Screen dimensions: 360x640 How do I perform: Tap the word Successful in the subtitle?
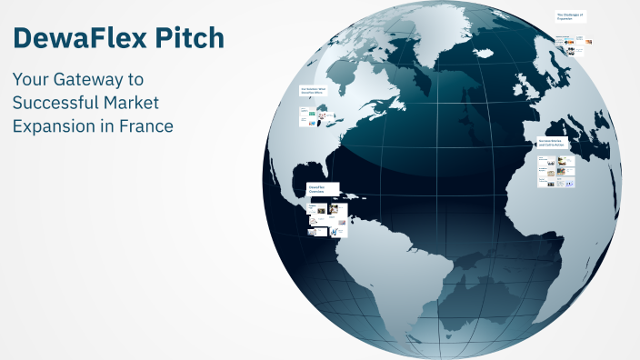pos(55,104)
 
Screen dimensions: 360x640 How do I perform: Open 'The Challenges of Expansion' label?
pos(570,16)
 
